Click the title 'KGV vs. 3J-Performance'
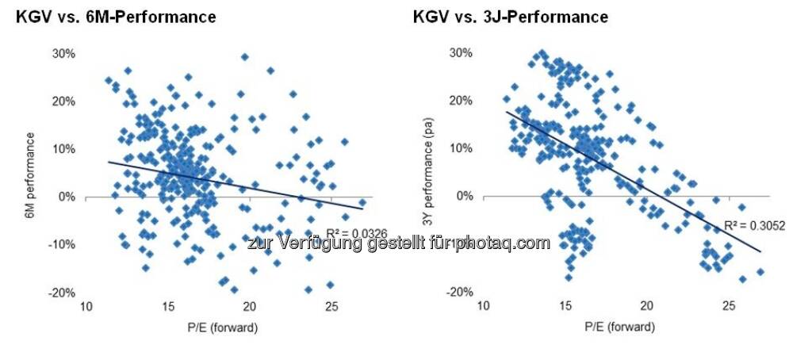tap(511, 17)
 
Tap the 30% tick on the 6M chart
tap(64, 53)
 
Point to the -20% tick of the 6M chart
tap(63, 293)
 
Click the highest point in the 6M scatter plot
tap(245, 57)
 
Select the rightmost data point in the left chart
tap(362, 203)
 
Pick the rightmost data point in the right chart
tap(760, 272)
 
